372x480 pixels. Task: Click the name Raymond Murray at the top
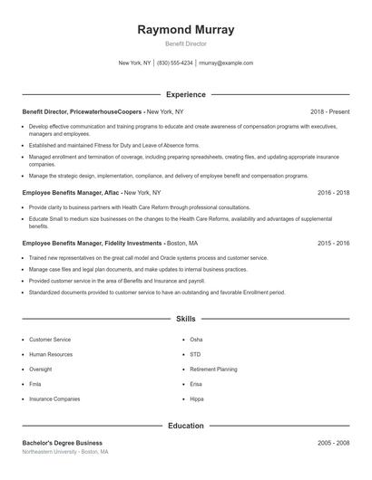click(185, 30)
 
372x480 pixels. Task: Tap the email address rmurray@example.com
click(226, 63)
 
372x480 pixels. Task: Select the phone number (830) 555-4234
click(175, 63)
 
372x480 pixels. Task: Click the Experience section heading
click(185, 94)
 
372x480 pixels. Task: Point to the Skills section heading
click(185, 319)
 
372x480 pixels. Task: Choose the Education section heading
click(185, 425)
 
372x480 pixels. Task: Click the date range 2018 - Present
click(329, 111)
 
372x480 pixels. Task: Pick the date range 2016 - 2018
click(333, 193)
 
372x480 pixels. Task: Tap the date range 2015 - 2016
click(333, 244)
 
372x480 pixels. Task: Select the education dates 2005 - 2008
click(333, 443)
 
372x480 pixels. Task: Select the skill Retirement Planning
click(213, 370)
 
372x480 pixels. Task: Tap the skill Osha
click(196, 340)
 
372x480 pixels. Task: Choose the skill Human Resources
click(50, 354)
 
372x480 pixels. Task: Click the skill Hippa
click(197, 398)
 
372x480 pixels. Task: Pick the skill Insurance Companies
click(54, 398)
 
